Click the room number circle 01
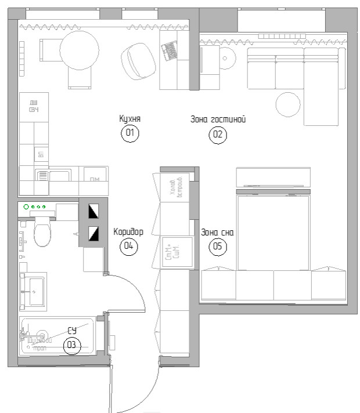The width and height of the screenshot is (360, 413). pos(129,133)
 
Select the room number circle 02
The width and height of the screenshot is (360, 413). pos(218,135)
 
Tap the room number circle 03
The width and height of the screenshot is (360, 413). pos(71,345)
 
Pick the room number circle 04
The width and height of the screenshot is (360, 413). pos(128,246)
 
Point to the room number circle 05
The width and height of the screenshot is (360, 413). pos(217,247)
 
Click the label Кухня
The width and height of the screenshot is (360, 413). pos(129,119)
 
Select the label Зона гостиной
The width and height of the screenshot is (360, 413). pos(218,120)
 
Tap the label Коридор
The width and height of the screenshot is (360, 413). pos(128,231)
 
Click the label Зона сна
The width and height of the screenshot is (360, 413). pos(217,233)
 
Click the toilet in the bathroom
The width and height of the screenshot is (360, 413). pos(42,233)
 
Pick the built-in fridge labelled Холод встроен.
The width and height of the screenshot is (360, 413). pos(176,186)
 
